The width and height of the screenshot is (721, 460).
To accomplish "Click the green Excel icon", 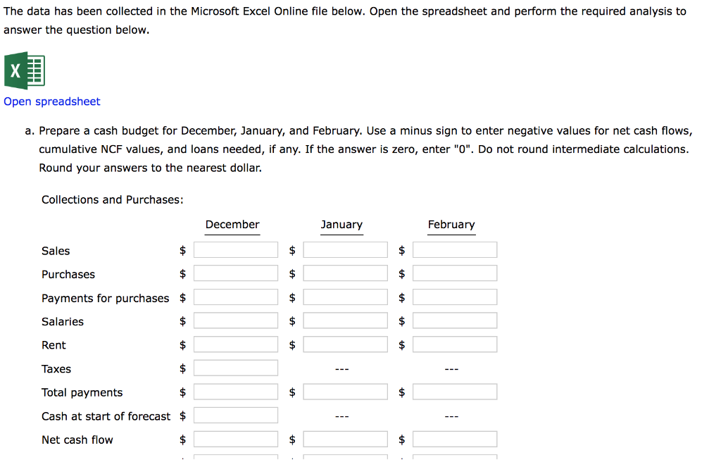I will (x=25, y=70).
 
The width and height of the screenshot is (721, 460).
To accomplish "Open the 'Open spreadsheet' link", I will (x=52, y=101).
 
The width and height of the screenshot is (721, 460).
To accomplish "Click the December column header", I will (x=232, y=225).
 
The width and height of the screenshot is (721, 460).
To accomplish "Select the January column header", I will (x=341, y=225).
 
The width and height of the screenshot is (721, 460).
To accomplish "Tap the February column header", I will (x=451, y=225).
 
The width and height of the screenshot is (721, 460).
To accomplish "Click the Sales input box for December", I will (x=236, y=250).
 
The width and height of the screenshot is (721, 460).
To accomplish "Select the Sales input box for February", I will (x=455, y=250).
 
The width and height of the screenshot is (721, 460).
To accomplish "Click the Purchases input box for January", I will (x=345, y=273).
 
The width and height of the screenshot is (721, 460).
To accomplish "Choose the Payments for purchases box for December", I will (x=236, y=297).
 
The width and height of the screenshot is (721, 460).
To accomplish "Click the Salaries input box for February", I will (x=455, y=321).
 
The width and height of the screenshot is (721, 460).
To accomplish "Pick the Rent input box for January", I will (x=345, y=344).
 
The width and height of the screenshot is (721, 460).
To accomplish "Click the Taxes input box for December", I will (x=236, y=368).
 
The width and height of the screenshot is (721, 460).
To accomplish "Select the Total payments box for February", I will (x=455, y=392).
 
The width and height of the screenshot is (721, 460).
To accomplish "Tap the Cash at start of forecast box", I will (x=236, y=416).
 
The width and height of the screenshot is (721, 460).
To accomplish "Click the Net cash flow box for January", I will (x=345, y=440).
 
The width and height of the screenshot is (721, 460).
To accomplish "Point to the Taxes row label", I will (x=56, y=369).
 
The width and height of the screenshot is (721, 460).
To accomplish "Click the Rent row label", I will (x=54, y=345).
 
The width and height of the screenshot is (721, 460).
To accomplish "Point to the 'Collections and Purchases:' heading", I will (x=113, y=200).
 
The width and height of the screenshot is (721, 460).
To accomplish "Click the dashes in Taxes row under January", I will (x=342, y=369).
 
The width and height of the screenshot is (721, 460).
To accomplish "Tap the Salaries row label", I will (x=63, y=322).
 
